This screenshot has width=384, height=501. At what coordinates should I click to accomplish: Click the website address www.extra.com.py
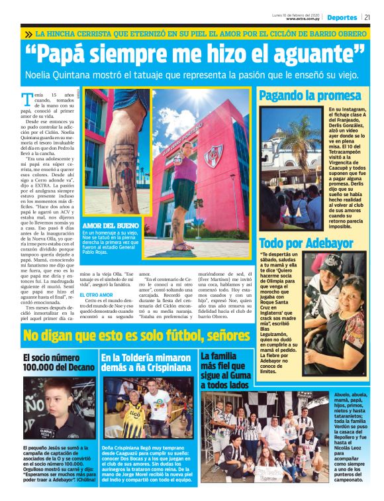(304, 19)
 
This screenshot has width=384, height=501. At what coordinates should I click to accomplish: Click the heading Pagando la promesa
(310, 95)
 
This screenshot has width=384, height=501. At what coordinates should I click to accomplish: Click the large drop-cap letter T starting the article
(27, 101)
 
